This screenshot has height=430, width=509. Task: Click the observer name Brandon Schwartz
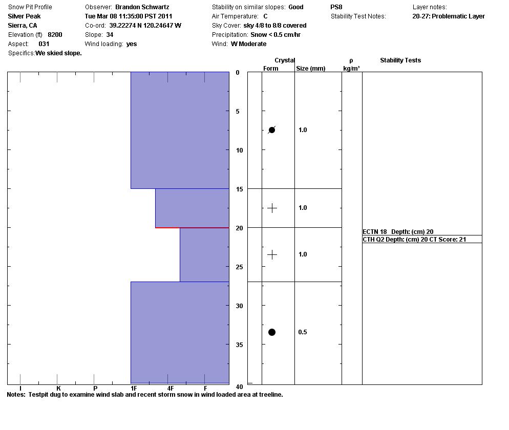tap(142, 7)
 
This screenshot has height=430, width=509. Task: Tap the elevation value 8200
tap(55, 35)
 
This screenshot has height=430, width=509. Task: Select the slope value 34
tap(110, 35)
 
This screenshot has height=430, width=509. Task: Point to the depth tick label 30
tap(239, 306)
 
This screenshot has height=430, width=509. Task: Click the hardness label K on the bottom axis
tap(58, 389)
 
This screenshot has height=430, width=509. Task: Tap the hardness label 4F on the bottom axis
tap(171, 389)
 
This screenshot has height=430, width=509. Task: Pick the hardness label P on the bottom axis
tap(95, 389)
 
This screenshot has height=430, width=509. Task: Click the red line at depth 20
tap(192, 227)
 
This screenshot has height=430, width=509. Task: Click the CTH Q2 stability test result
tap(414, 239)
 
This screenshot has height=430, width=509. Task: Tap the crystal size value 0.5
tap(303, 332)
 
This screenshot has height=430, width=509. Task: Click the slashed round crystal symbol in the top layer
tap(272, 130)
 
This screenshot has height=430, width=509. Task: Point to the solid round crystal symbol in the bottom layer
tap(272, 332)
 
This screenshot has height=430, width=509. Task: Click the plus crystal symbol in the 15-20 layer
tap(272, 208)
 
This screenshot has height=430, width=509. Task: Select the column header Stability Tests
tap(400, 60)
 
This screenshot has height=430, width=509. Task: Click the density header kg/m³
tap(351, 68)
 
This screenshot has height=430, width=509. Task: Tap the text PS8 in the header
tap(336, 7)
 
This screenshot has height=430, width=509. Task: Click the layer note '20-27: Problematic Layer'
tap(448, 16)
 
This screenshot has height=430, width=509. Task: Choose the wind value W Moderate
tap(248, 44)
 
